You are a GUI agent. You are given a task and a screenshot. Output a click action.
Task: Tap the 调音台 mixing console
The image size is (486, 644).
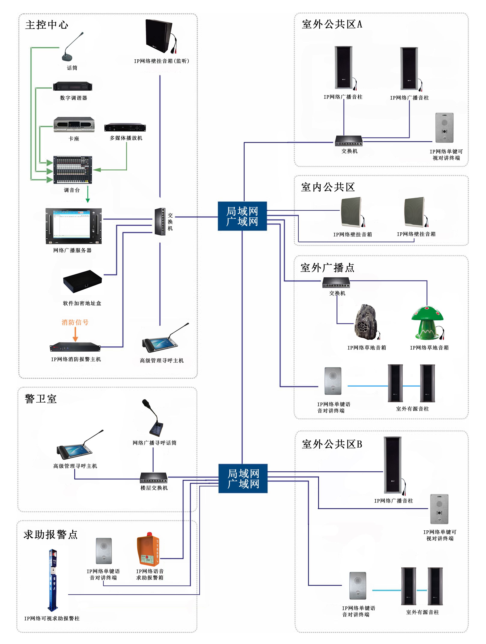tap(73, 170)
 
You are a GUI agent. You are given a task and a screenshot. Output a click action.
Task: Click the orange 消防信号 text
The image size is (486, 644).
tap(75, 322)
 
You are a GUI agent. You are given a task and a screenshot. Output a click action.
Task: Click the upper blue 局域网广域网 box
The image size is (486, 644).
tap(242, 216)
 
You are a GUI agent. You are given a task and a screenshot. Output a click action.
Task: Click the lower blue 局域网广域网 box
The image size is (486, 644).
tap(243, 478)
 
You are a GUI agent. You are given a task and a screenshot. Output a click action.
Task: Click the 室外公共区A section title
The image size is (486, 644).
tap(332, 24)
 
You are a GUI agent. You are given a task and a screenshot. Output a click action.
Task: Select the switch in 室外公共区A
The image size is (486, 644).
tap(348, 141)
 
